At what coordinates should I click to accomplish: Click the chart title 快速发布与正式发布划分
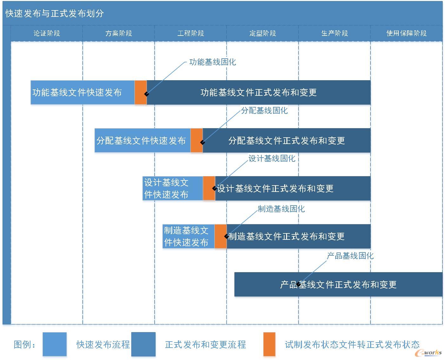click(55, 13)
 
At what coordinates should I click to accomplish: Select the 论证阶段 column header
click(47, 33)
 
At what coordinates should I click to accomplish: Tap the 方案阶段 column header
click(119, 33)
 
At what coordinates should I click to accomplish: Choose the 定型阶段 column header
click(263, 33)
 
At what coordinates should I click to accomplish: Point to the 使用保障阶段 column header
click(407, 33)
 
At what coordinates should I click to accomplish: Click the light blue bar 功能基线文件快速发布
click(82, 92)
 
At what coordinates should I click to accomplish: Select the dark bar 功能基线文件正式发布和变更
click(258, 92)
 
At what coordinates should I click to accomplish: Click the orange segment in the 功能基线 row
click(141, 92)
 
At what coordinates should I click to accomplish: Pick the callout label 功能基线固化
click(213, 62)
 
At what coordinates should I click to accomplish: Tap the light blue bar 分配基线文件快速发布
click(142, 141)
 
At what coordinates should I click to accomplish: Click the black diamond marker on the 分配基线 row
click(202, 142)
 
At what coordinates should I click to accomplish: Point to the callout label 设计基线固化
click(272, 158)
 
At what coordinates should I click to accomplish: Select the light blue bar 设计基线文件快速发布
click(173, 188)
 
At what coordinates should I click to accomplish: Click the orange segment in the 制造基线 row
click(221, 236)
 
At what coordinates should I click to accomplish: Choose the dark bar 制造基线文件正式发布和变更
click(298, 236)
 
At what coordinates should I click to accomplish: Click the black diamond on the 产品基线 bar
click(298, 284)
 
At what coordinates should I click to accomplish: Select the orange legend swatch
click(269, 344)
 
